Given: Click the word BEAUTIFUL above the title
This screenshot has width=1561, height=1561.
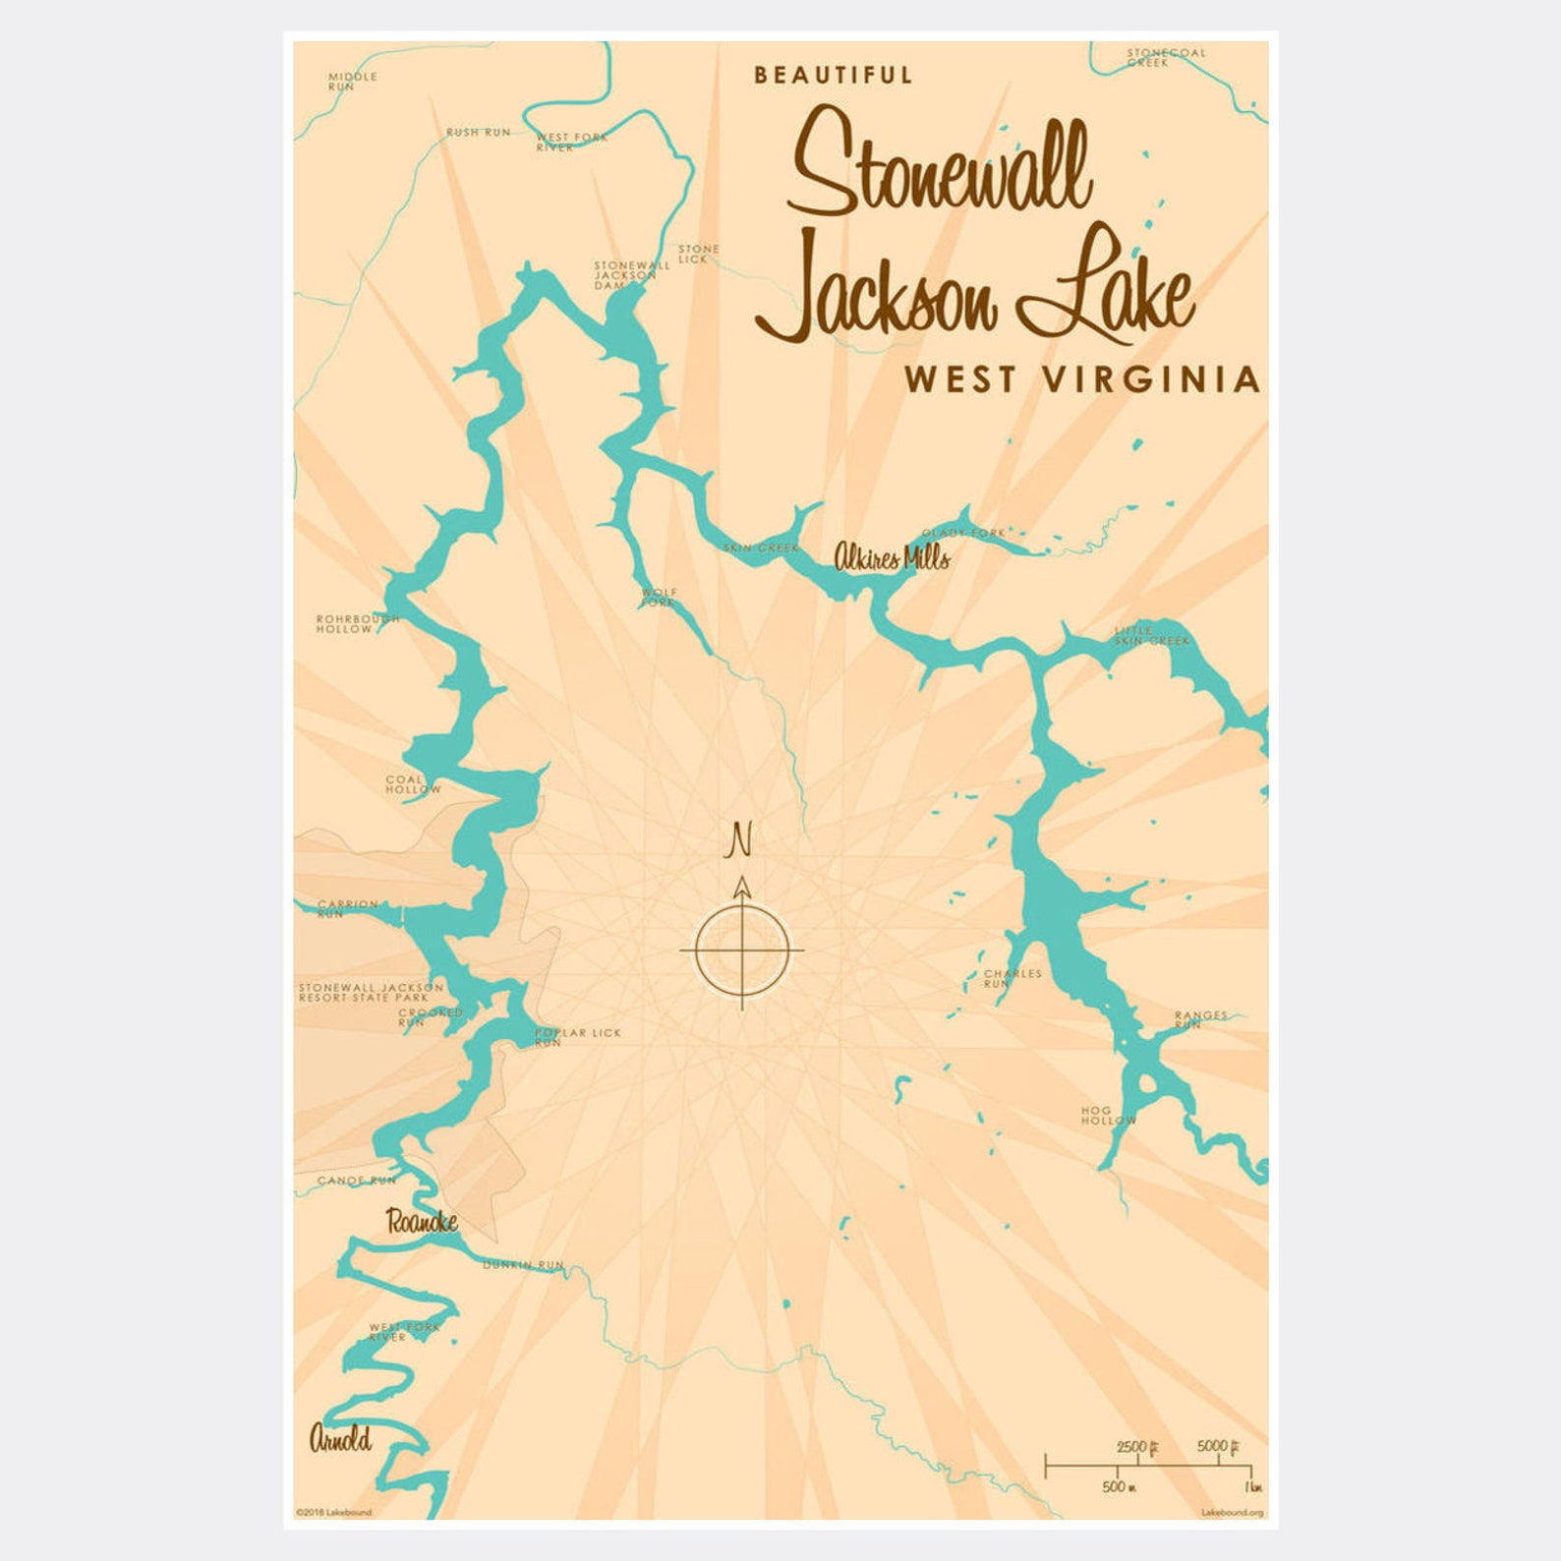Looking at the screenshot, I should click(834, 76).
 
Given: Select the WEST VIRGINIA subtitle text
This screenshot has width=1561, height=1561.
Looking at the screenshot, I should click(1082, 379).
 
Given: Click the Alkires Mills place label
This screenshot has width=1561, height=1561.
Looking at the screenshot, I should click(892, 558).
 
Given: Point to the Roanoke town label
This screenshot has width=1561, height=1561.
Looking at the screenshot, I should click(422, 1222).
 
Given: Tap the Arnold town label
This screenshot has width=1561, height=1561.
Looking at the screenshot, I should click(340, 1439).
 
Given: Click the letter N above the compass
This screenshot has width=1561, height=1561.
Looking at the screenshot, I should click(740, 841).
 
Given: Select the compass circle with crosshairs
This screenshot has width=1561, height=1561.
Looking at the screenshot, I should click(742, 951).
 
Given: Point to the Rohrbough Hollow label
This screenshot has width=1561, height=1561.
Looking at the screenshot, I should click(357, 624).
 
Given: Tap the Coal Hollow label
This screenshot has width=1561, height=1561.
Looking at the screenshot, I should click(413, 784).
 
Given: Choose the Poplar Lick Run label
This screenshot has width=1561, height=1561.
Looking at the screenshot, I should click(578, 1036).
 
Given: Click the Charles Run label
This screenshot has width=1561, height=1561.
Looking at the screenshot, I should click(1012, 978).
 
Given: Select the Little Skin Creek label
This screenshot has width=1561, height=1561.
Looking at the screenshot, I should click(1150, 636).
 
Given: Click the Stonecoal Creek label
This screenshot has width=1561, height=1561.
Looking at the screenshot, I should click(1165, 57).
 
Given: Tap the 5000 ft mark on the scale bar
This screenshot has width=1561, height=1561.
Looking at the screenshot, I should click(1218, 1447).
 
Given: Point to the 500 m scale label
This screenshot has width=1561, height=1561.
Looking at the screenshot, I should click(1119, 1486).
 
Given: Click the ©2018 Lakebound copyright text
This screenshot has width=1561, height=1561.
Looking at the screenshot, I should click(334, 1513).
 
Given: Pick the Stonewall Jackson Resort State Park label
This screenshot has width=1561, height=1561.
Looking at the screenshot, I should click(371, 992).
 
